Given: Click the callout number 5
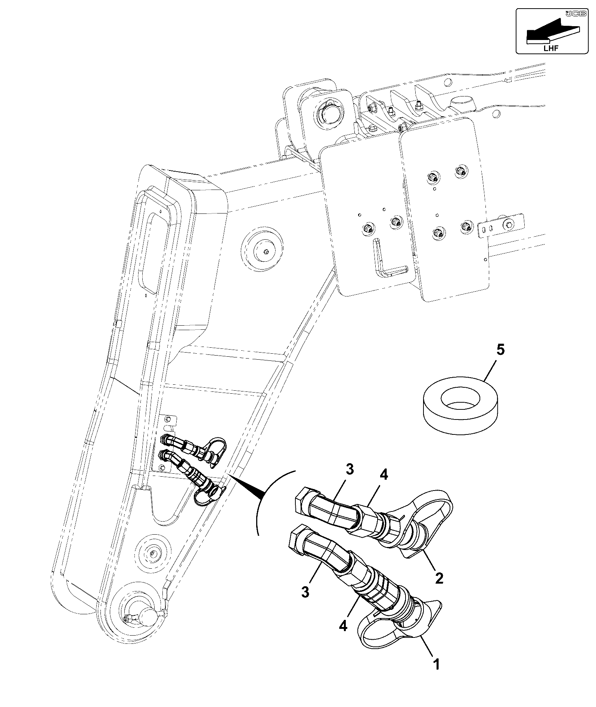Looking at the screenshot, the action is [x=500, y=351].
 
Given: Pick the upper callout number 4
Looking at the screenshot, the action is [x=384, y=475].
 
